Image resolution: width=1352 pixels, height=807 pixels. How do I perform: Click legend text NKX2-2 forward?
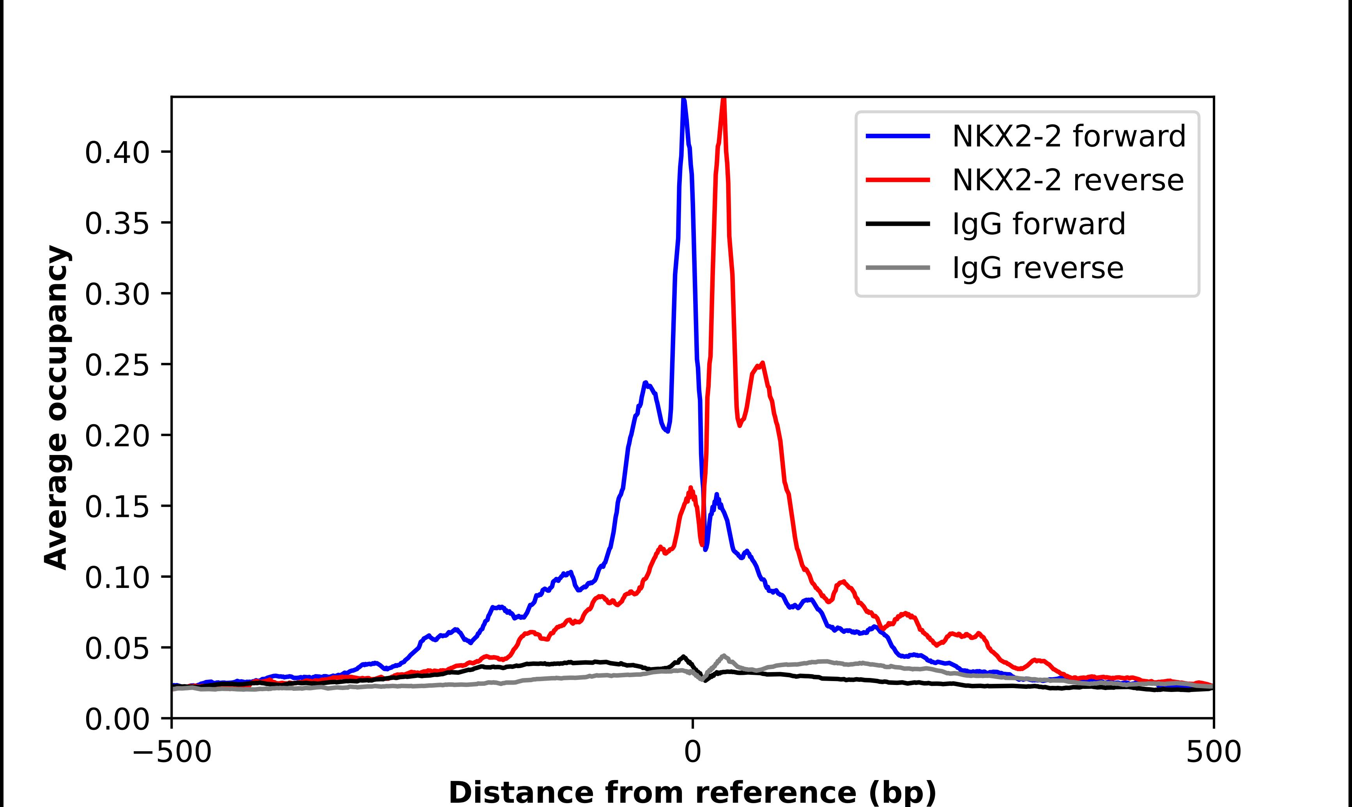point(1069,136)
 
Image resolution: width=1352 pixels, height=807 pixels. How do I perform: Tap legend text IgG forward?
point(1038,224)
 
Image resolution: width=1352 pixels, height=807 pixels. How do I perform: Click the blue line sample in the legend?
point(897,136)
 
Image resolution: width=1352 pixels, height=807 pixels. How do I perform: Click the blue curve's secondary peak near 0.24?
point(645,383)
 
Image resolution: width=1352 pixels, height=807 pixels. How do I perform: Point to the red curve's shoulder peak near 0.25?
point(763,363)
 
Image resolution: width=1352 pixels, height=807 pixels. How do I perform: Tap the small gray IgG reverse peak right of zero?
point(724,656)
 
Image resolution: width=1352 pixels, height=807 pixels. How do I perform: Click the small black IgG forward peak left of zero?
point(683,657)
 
